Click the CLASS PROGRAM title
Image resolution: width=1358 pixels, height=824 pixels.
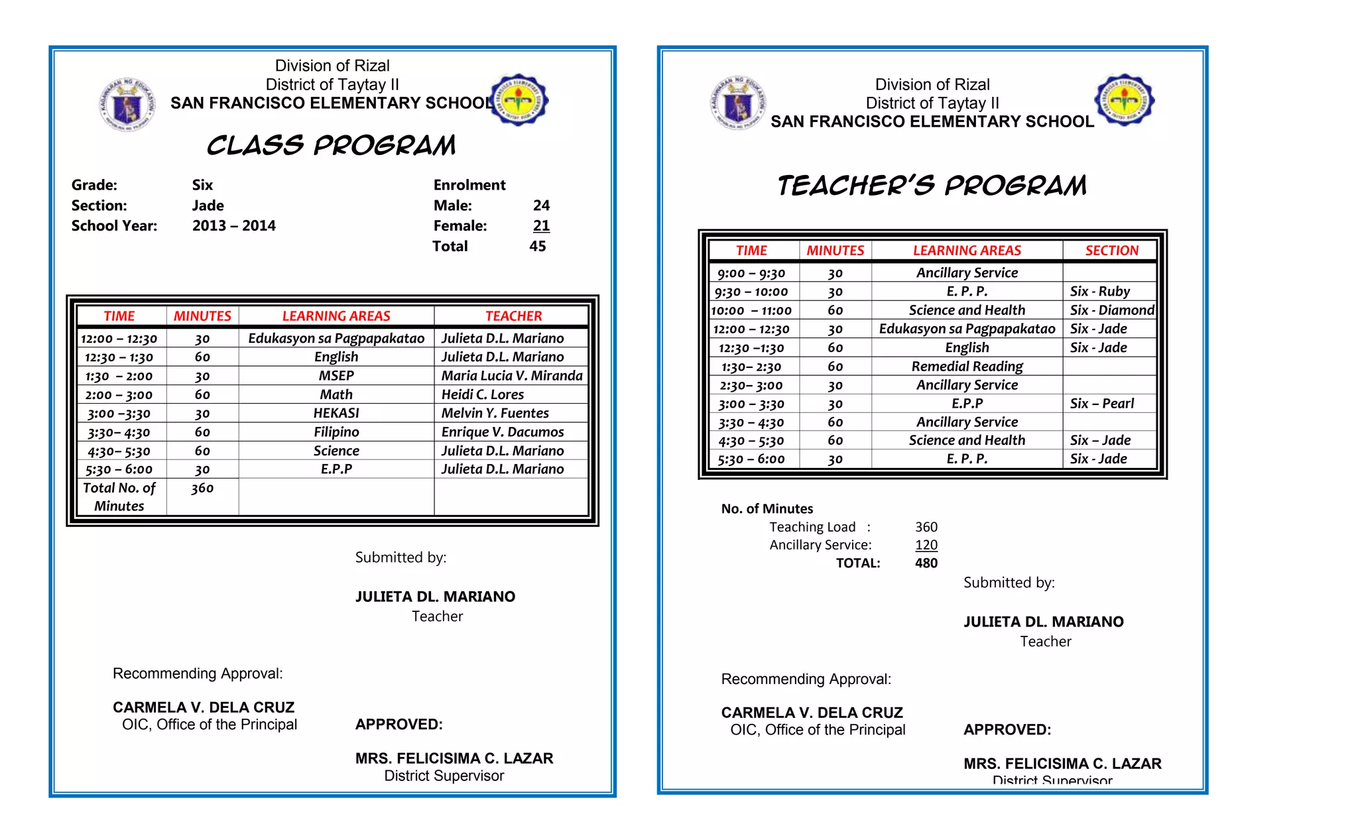pyautogui.click(x=331, y=145)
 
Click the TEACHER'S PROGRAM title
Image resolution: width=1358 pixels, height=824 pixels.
pyautogui.click(x=932, y=186)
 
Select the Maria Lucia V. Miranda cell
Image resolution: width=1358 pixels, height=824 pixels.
pyautogui.click(x=511, y=376)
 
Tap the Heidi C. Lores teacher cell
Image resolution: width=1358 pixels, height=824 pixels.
pyautogui.click(x=483, y=394)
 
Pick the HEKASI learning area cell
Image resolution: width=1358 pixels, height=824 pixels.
pyautogui.click(x=336, y=413)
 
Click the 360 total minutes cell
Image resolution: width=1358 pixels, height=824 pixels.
pyautogui.click(x=202, y=489)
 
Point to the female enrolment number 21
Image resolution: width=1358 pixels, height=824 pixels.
pyautogui.click(x=541, y=226)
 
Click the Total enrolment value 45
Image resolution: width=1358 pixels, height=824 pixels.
pyautogui.click(x=537, y=247)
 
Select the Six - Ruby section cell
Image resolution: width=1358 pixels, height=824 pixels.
pyautogui.click(x=1099, y=292)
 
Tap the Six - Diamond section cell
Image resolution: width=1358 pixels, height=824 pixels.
pyautogui.click(x=1111, y=310)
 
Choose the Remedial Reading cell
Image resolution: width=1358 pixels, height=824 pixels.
pyautogui.click(x=967, y=367)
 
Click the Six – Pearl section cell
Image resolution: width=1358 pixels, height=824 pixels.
pyautogui.click(x=1101, y=404)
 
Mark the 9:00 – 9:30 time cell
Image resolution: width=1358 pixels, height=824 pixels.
pyautogui.click(x=751, y=273)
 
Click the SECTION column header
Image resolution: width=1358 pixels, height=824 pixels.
pyautogui.click(x=1111, y=251)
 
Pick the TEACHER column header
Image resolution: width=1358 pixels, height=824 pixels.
pyautogui.click(x=513, y=316)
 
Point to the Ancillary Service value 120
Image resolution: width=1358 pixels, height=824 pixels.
pyautogui.click(x=926, y=545)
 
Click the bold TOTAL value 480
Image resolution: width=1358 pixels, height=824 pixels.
pyautogui.click(x=926, y=563)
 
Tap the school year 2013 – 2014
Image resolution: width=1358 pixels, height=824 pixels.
pyautogui.click(x=233, y=226)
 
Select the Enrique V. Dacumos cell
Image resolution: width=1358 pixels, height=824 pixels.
pyautogui.click(x=502, y=432)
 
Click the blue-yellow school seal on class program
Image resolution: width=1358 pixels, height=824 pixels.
pyautogui.click(x=519, y=100)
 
